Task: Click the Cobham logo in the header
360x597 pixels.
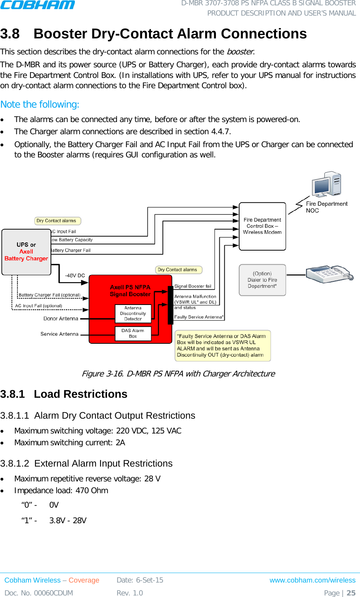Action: pos(37,5)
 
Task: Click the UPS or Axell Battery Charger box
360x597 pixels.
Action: pos(26,252)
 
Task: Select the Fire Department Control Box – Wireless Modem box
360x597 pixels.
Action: pos(262,226)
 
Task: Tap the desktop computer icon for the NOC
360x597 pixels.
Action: pos(327,184)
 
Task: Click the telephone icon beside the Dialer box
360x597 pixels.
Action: pos(330,274)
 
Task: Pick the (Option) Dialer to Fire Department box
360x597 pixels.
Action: pos(262,280)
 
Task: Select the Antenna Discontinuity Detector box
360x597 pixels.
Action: pos(133,313)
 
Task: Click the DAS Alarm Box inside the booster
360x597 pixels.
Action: pos(133,333)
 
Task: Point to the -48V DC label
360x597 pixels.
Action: pos(75,275)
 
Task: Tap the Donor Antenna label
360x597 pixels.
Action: pos(61,319)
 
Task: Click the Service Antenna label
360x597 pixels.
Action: pos(60,334)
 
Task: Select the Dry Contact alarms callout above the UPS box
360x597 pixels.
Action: pos(57,221)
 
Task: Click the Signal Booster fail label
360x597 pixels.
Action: pos(193,286)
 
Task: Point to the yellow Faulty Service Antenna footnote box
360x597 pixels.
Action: pos(223,346)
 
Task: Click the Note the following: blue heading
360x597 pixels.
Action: pos(40,105)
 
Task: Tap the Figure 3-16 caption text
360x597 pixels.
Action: pos(178,374)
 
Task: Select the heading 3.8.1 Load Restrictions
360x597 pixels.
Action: pos(64,394)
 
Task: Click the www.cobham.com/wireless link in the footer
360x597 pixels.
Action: pos(312,580)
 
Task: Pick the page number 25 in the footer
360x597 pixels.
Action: pos(351,593)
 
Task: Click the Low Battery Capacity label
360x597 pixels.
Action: pos(72,240)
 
